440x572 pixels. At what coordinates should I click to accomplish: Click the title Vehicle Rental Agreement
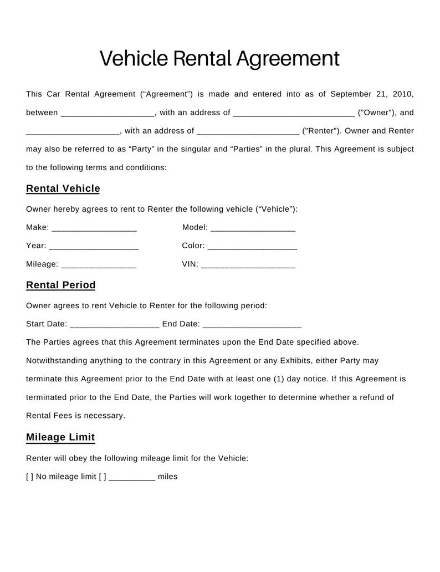[x=219, y=58]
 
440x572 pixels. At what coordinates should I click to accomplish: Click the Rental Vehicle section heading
[x=63, y=188]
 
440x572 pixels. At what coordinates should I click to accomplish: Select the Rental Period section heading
[x=61, y=285]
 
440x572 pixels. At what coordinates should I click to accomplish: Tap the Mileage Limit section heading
[x=60, y=437]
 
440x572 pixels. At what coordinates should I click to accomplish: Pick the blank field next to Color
[x=252, y=247]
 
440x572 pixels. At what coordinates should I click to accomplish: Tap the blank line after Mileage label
[x=99, y=265]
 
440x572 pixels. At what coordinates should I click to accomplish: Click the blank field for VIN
[x=248, y=265]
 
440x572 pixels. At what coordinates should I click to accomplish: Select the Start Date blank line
[x=115, y=325]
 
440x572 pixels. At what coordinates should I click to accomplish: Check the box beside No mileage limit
[x=30, y=477]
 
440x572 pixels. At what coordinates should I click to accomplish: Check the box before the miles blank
[x=103, y=477]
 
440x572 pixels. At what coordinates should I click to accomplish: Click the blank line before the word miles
[x=132, y=478]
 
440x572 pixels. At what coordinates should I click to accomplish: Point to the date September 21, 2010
[x=372, y=94]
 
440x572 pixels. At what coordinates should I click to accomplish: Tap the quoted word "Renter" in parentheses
[x=321, y=131]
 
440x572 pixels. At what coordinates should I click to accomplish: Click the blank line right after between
[x=108, y=114]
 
